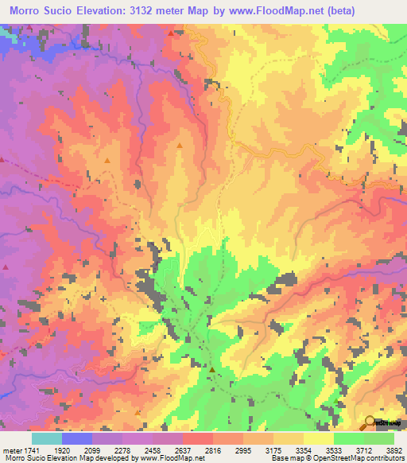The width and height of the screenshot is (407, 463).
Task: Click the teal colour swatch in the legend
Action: [x=46, y=438]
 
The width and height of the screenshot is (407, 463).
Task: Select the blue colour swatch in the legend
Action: [x=76, y=438]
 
